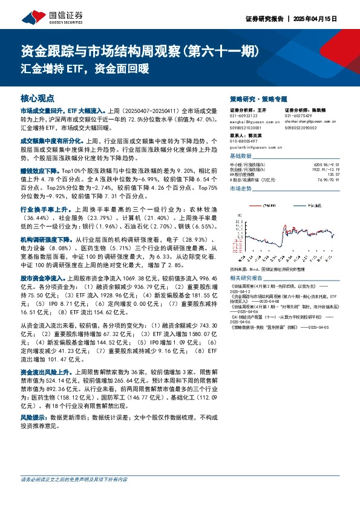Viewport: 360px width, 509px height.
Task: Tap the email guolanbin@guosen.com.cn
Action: coord(249,148)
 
